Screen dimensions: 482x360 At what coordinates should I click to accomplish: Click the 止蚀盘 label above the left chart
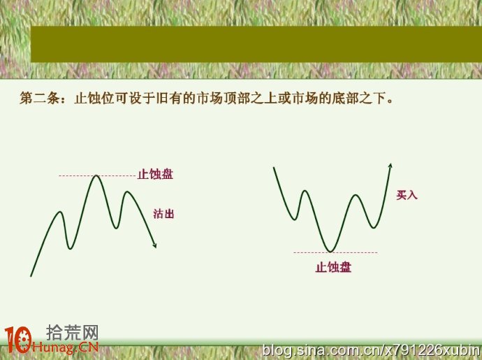(155, 174)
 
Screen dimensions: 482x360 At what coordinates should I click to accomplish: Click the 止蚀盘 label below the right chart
(333, 267)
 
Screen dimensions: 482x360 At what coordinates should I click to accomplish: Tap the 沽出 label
(163, 214)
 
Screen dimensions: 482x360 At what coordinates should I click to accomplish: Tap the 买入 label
(407, 195)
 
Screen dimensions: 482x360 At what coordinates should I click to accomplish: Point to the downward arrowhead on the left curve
(154, 245)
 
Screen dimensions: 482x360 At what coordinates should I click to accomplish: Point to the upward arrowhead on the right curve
(390, 166)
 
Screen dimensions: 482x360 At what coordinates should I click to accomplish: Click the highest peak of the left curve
(96, 175)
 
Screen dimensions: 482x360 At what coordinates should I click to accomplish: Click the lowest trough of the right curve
(330, 252)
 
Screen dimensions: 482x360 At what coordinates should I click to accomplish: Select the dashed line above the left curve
(97, 176)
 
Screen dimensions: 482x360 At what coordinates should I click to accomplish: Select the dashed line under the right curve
(335, 252)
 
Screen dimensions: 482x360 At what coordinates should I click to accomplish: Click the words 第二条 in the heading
(40, 98)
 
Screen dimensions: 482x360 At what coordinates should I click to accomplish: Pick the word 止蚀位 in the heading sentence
(94, 98)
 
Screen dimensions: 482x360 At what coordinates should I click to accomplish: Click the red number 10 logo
(18, 340)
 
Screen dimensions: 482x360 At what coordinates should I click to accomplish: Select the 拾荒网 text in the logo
(73, 333)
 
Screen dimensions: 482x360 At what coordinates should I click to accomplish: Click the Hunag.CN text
(65, 347)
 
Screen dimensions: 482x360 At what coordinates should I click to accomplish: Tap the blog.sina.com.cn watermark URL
(372, 350)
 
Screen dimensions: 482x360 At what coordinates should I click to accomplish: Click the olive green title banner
(256, 44)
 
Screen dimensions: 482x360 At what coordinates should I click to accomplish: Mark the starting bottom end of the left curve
(31, 276)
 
